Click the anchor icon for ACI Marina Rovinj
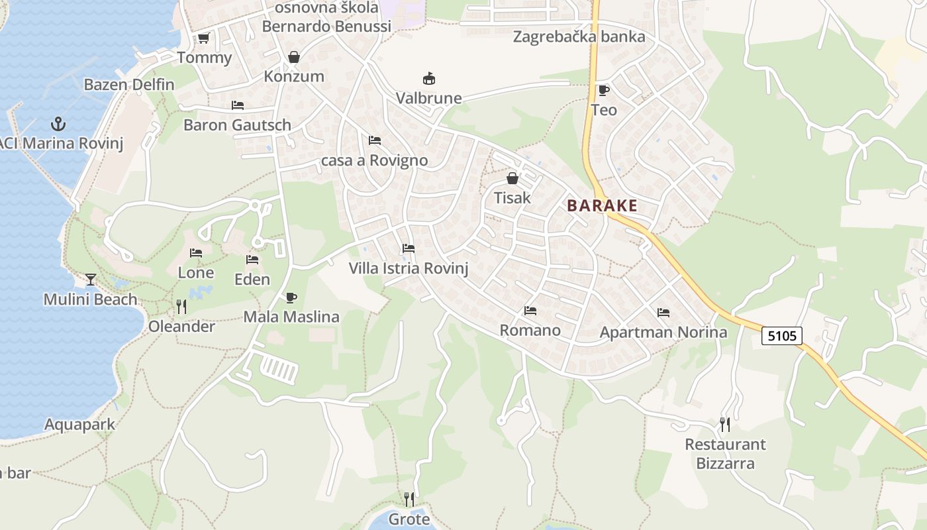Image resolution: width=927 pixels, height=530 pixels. pos(58,124)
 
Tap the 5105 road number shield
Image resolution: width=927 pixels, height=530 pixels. pos(781,336)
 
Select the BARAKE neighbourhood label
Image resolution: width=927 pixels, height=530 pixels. pos(602,205)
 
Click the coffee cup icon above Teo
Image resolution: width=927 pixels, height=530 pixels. pos(603,90)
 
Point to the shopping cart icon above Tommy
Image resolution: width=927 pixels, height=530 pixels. pos(204,38)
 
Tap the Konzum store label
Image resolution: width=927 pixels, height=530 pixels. pos(294,76)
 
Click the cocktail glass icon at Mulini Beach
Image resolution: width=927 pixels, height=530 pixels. pos(91,279)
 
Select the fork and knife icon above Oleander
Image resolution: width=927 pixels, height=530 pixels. pos(181,306)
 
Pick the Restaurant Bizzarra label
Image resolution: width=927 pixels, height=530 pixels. pos(725,453)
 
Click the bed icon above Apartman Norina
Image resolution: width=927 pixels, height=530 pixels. pos(663,313)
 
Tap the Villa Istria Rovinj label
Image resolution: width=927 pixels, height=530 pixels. pos(409,268)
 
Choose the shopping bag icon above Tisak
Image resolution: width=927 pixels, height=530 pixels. pos(512,178)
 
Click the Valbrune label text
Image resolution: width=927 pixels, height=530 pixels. pos(428,98)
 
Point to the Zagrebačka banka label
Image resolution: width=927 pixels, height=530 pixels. pos(579,36)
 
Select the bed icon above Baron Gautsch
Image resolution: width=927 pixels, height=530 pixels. pos(238,105)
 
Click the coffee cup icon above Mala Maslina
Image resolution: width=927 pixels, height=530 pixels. pos(291,297)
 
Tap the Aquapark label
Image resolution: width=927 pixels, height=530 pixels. pos(79,425)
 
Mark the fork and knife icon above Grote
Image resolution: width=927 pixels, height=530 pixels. pos(409,498)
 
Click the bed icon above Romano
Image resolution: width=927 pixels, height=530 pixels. pos(530,310)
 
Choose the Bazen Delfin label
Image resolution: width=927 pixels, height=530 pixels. pos(129,85)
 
